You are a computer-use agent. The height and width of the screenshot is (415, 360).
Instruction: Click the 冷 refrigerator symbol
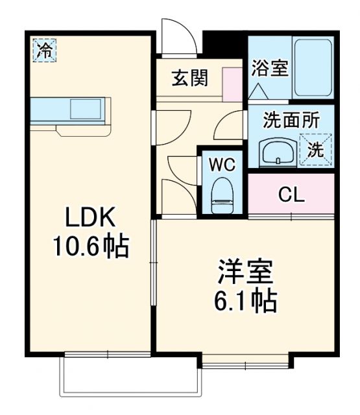[45, 50]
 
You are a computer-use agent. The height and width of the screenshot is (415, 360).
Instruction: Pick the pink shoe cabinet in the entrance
[232, 82]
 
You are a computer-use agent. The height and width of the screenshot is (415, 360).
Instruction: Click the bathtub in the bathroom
[313, 68]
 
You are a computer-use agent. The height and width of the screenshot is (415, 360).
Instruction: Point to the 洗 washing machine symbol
[315, 149]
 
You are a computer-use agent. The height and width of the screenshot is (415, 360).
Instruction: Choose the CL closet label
[291, 195]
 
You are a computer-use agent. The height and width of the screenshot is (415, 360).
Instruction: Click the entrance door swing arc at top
[176, 38]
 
